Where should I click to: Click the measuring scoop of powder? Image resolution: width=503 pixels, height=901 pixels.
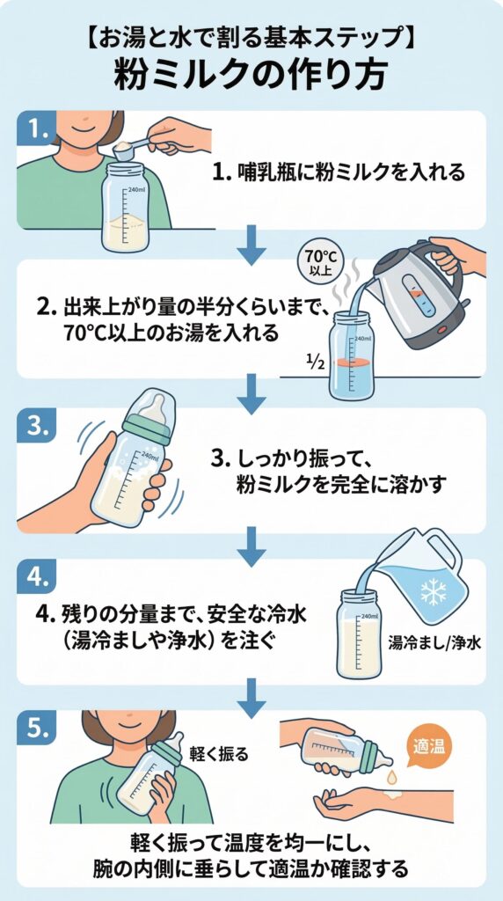(132, 148)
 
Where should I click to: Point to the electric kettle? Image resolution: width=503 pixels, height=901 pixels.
(422, 293)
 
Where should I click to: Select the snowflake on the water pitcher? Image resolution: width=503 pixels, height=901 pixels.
(434, 592)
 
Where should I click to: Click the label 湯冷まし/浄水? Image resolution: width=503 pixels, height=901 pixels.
(434, 642)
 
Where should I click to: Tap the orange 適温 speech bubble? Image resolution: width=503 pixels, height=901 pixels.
(429, 746)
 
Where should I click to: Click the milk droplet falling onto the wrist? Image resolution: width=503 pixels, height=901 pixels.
(392, 778)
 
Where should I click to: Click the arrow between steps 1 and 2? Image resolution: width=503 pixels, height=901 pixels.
(251, 245)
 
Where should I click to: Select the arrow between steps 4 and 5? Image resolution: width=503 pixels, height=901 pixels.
(251, 698)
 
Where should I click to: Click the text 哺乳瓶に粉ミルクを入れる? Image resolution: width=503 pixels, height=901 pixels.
(351, 172)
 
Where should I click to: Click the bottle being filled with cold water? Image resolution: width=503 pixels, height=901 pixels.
(359, 633)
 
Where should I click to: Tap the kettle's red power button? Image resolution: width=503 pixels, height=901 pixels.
(442, 329)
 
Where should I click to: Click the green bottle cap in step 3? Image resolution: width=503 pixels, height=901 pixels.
(148, 429)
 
